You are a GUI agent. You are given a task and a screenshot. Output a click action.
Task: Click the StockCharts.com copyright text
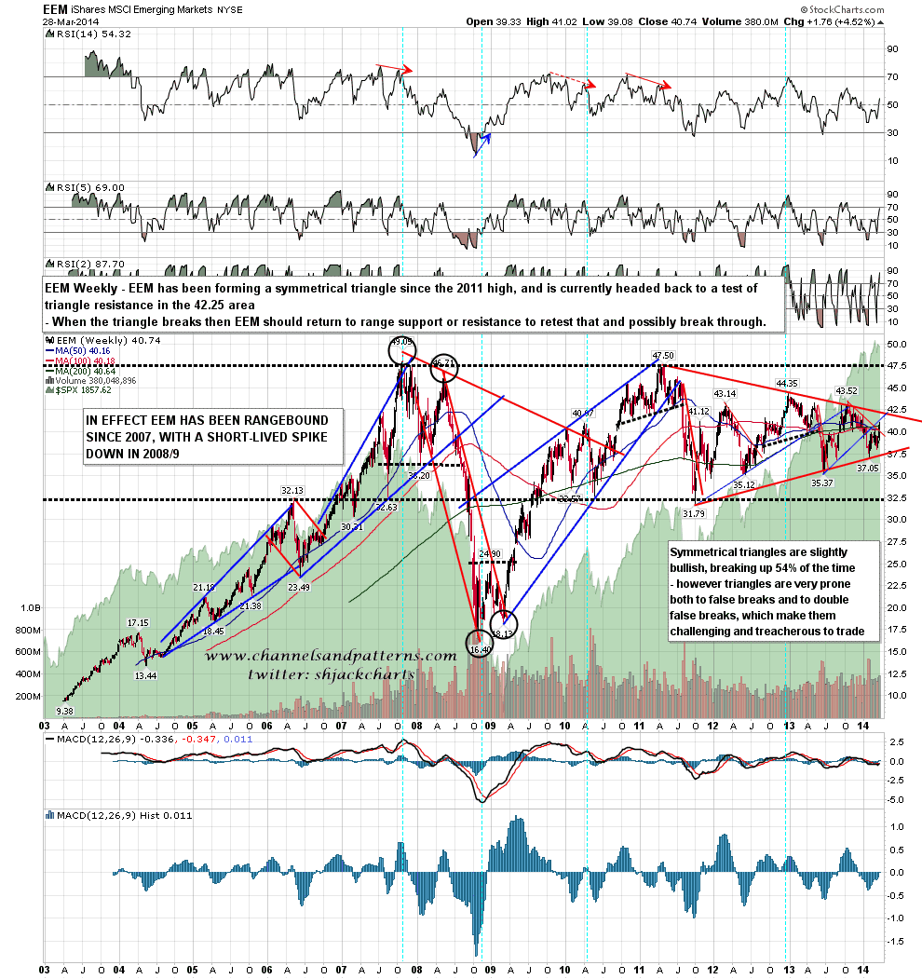(x=837, y=8)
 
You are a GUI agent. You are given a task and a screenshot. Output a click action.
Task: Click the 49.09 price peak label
(x=401, y=342)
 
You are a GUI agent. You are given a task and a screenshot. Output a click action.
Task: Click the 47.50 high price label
(x=662, y=356)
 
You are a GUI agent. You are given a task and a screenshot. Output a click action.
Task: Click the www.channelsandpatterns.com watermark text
(x=331, y=657)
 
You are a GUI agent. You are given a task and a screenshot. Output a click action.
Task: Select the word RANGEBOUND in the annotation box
(x=278, y=420)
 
